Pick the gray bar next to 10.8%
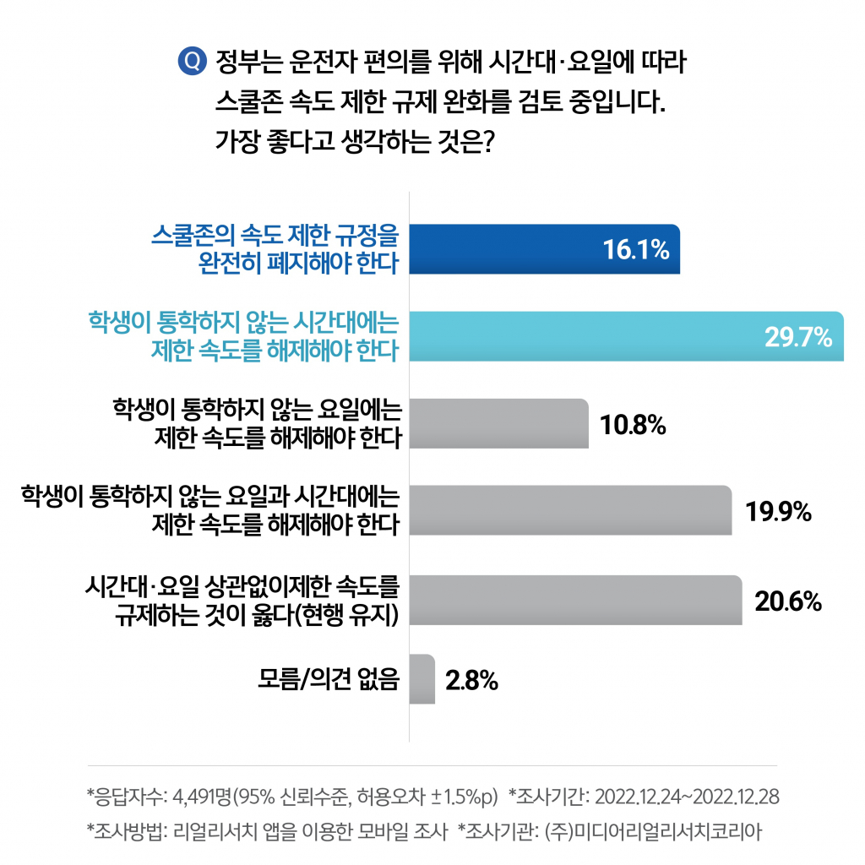(x=498, y=423)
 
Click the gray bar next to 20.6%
(x=575, y=600)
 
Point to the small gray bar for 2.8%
(x=422, y=679)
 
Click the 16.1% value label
(x=636, y=251)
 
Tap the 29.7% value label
(x=798, y=337)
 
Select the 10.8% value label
(x=634, y=425)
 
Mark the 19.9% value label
(x=778, y=512)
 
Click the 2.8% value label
(x=471, y=680)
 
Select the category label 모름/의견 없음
(x=328, y=679)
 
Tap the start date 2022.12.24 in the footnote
(x=638, y=797)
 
